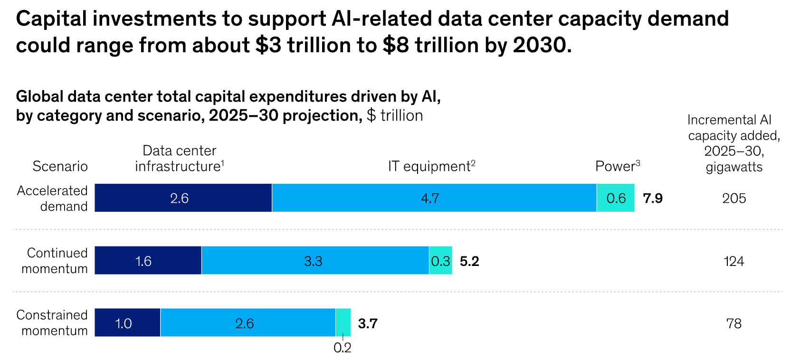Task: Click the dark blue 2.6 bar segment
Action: (183, 198)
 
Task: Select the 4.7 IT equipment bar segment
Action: (434, 198)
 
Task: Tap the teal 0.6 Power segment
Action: (616, 198)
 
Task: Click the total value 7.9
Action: (653, 199)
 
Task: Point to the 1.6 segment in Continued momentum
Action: (148, 261)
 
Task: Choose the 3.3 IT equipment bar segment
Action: (315, 261)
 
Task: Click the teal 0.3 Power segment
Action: (440, 261)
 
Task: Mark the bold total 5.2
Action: (469, 261)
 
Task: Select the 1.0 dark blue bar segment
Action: (127, 323)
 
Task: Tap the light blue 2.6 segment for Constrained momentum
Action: (248, 323)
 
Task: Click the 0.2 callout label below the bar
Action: (342, 348)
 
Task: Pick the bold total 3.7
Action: (368, 324)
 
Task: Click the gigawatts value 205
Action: (734, 199)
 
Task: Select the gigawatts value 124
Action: (734, 261)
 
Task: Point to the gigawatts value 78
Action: (734, 324)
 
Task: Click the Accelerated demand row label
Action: (52, 198)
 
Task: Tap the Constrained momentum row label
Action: (52, 323)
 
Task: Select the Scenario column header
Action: (60, 166)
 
